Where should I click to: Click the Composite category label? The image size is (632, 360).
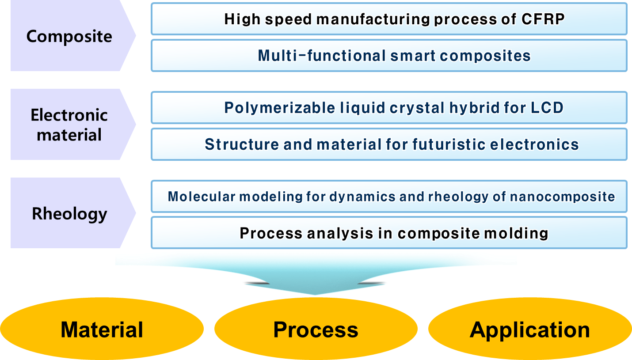click(x=69, y=36)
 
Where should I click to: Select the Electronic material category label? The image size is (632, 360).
click(x=69, y=125)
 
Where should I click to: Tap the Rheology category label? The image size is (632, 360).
click(x=69, y=214)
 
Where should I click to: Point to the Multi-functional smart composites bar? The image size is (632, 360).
click(x=389, y=56)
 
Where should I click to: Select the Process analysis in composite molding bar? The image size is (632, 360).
click(x=389, y=233)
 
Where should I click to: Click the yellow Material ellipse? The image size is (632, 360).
click(x=102, y=330)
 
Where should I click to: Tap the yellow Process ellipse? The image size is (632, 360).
click(x=316, y=330)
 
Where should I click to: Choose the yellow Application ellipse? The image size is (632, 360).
click(x=529, y=330)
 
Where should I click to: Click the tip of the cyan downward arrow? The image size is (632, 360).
click(x=316, y=293)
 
